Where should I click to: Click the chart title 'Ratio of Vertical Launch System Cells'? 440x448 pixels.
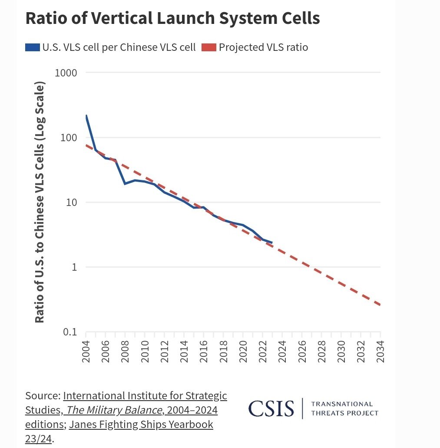coord(172,19)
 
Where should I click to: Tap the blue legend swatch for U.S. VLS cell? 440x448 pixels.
coord(32,47)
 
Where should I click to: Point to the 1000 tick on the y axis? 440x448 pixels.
coord(66,73)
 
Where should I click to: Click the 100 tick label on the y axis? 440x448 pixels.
coord(69,137)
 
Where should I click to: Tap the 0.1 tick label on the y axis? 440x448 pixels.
coord(69,332)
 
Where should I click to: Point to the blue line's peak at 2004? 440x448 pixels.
coord(86,116)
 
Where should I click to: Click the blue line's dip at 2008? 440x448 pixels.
coord(125,184)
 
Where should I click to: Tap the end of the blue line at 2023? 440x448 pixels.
coord(272,242)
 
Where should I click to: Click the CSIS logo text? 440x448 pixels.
coord(271,408)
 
